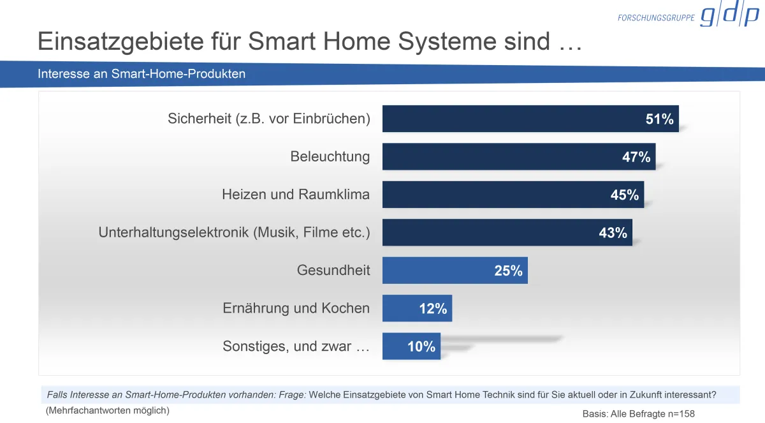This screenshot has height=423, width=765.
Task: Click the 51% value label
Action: coord(659,119)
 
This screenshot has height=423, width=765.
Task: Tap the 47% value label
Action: coord(636,157)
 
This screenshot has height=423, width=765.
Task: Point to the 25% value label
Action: coord(508,271)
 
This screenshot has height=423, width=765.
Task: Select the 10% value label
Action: coord(421,347)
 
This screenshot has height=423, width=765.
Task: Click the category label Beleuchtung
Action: coord(330,156)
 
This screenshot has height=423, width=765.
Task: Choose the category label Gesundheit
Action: coord(333,271)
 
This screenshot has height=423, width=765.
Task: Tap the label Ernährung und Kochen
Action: coord(296,308)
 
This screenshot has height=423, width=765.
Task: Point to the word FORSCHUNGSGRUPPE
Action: coord(656,18)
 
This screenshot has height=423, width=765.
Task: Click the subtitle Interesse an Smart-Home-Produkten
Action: coord(142,74)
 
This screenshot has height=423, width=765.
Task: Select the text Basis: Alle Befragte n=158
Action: coord(638,413)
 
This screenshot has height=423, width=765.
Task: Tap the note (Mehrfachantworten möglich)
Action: coord(107,411)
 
